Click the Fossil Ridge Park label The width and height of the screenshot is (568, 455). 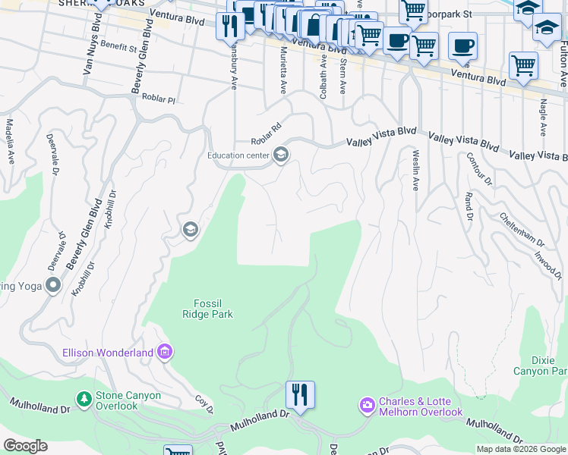point(207,308)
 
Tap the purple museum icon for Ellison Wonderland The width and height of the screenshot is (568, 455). point(165,352)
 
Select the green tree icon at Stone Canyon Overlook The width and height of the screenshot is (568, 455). point(84,397)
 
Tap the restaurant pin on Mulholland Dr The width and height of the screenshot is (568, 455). point(300,394)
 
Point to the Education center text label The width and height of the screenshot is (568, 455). point(238,155)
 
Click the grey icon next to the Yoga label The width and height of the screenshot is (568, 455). point(52,285)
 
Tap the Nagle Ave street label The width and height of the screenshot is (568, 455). point(543,118)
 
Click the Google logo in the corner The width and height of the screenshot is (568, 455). point(25,446)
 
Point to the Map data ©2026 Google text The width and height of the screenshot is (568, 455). point(521,449)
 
